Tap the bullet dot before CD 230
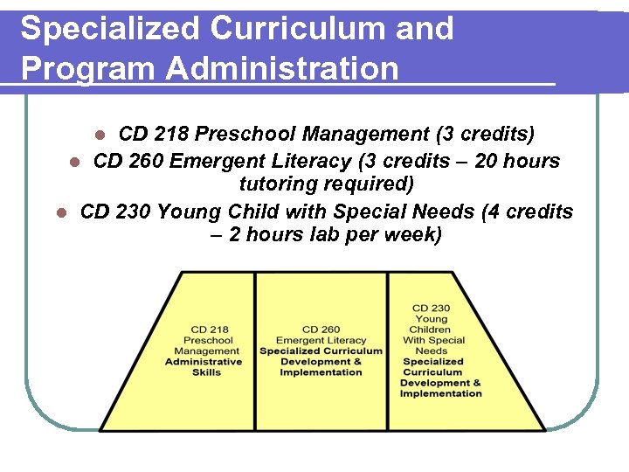pos(60,212)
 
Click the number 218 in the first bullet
pos(169,135)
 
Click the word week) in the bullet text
pos(413,235)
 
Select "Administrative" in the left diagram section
pos(204,362)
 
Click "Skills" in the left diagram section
pos(206,372)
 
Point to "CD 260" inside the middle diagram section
pos(321,330)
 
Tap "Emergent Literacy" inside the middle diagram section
pos(321,340)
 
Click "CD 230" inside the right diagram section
pos(431,309)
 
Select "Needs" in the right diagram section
pos(432,351)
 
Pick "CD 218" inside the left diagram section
pos(209,330)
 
